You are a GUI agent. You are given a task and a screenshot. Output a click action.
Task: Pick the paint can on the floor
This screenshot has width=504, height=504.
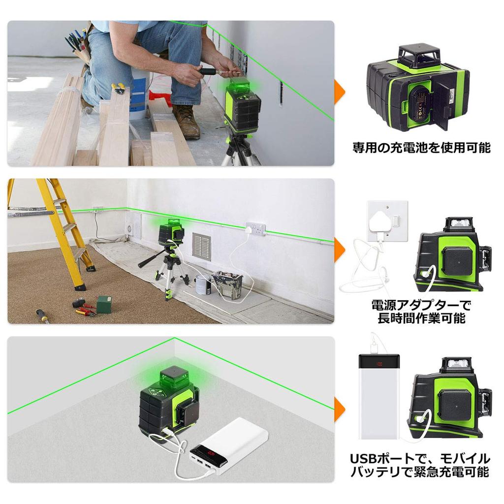click(203, 284)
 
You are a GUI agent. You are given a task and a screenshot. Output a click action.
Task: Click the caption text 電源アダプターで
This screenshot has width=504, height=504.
click(421, 305)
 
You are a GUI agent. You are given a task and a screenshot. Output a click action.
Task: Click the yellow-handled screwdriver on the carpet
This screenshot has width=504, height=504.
click(42, 315)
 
